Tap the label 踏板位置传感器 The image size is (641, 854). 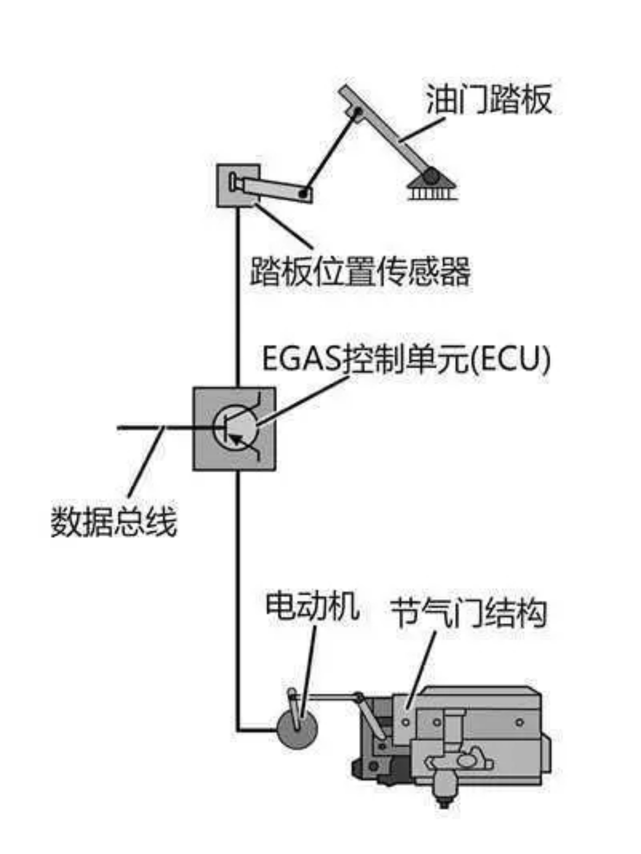(x=360, y=271)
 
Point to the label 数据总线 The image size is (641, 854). (x=114, y=521)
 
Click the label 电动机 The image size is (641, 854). (x=312, y=605)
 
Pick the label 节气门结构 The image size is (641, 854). (x=468, y=613)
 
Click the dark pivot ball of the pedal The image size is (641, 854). (x=430, y=176)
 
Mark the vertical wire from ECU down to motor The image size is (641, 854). (x=238, y=578)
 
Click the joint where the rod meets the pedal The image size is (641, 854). (x=357, y=112)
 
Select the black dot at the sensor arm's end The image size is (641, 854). (x=303, y=193)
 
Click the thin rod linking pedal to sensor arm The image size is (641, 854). (x=330, y=153)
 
